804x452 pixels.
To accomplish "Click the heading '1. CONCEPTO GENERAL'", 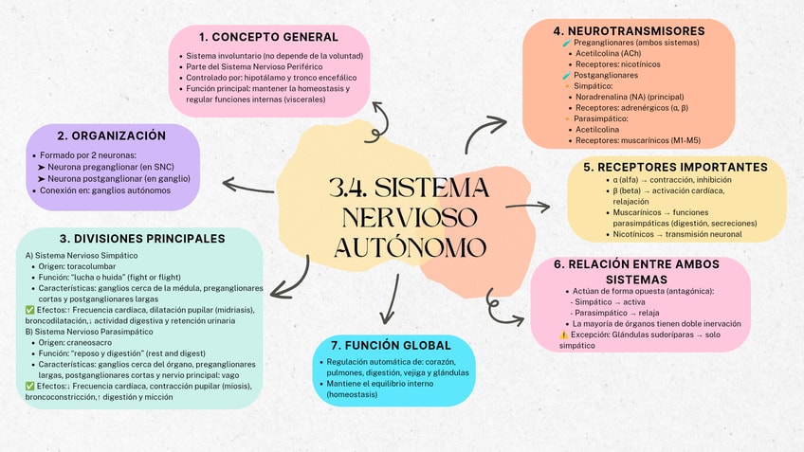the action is [269, 37].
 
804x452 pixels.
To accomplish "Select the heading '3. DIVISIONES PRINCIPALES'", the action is [141, 239].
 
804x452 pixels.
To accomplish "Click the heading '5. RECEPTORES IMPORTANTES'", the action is [675, 167].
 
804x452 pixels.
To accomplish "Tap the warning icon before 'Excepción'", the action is [564, 334].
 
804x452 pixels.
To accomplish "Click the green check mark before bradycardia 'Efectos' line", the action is [31, 386].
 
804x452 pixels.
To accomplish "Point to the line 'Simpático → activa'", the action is [611, 301].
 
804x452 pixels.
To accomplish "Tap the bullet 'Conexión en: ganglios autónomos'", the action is [104, 190].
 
